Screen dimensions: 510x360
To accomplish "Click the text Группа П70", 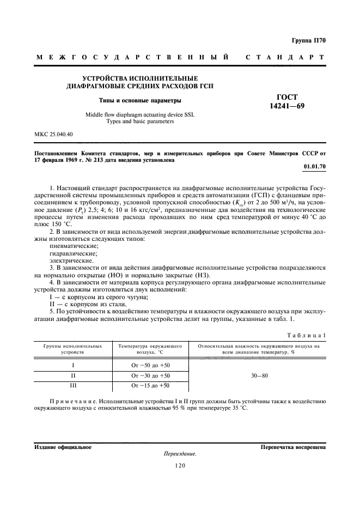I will pyautogui.click(x=308, y=40).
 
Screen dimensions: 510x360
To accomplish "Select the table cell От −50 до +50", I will pyautogui.click(x=151, y=365).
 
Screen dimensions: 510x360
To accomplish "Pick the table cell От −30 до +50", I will pyautogui.click(x=151, y=375).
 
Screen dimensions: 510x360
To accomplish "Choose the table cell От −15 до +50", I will pyautogui.click(x=151, y=386).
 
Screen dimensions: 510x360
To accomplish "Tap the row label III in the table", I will pyautogui.click(x=72, y=386).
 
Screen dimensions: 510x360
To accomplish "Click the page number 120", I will pyautogui.click(x=180, y=465).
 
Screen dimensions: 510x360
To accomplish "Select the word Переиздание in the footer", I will pyautogui.click(x=180, y=454).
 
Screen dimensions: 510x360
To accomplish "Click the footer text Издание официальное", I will pyautogui.click(x=63, y=447).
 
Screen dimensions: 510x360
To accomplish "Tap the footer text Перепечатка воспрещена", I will pyautogui.click(x=293, y=447).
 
